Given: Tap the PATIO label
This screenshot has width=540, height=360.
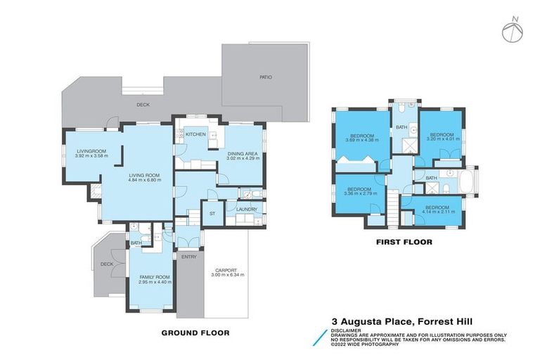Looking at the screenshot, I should pos(265,77).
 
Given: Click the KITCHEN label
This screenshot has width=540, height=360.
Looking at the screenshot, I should pos(195,134).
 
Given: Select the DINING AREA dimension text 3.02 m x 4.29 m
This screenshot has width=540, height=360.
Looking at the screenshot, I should pos(243,159).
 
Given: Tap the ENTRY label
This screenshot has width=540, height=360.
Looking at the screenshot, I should pos(188,257).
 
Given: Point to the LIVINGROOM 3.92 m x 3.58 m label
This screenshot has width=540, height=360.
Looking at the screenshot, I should pos(90,153).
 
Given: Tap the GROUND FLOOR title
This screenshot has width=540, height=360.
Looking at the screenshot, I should pos(195,333).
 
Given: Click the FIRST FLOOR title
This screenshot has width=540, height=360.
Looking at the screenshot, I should pos(403,242).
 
